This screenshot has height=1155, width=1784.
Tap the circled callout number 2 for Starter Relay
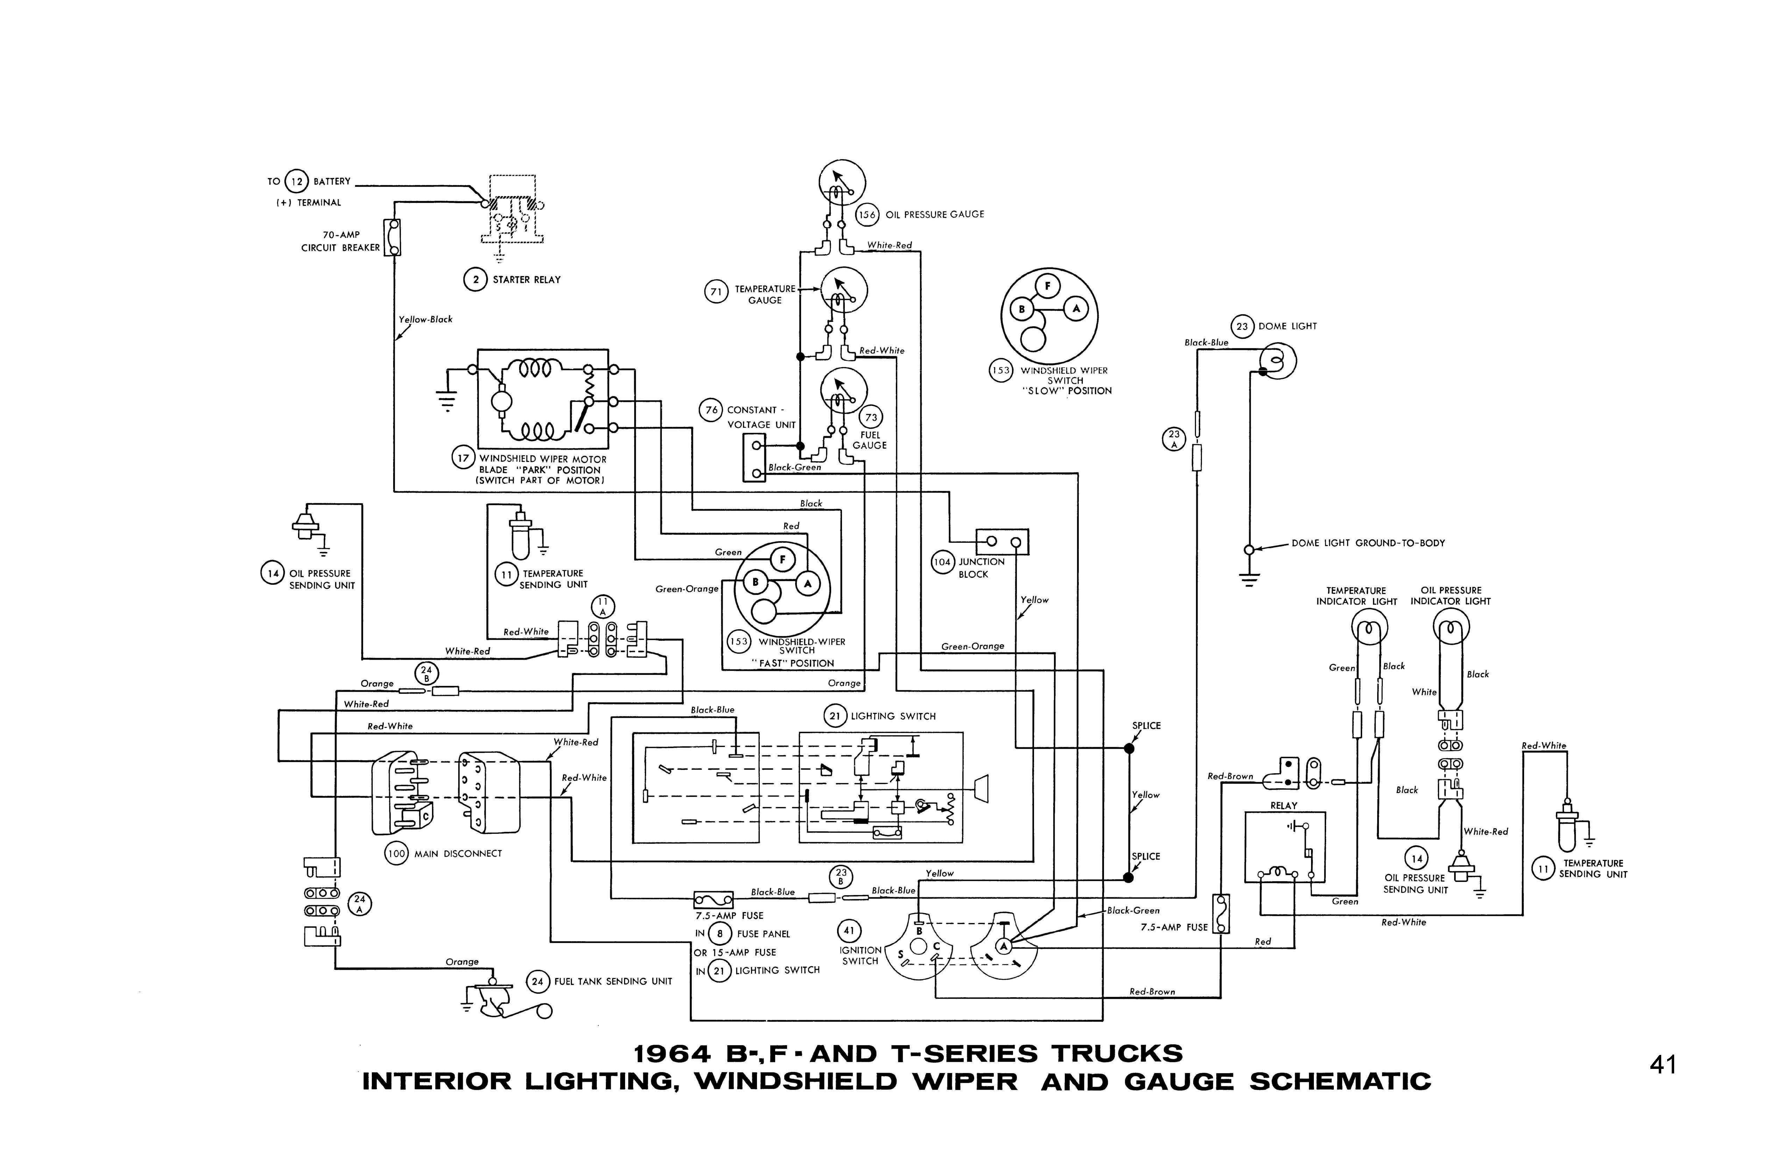point(475,280)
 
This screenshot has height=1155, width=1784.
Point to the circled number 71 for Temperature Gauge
point(716,292)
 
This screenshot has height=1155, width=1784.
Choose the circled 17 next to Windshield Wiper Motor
point(463,458)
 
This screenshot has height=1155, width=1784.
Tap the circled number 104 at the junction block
point(942,562)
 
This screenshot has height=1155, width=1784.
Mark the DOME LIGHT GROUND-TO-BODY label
point(1368,543)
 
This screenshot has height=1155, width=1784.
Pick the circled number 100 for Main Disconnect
point(396,854)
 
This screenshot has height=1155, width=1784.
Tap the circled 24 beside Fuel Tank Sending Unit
point(537,981)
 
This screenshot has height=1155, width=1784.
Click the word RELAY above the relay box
point(1283,805)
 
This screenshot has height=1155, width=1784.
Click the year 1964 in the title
point(672,1054)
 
